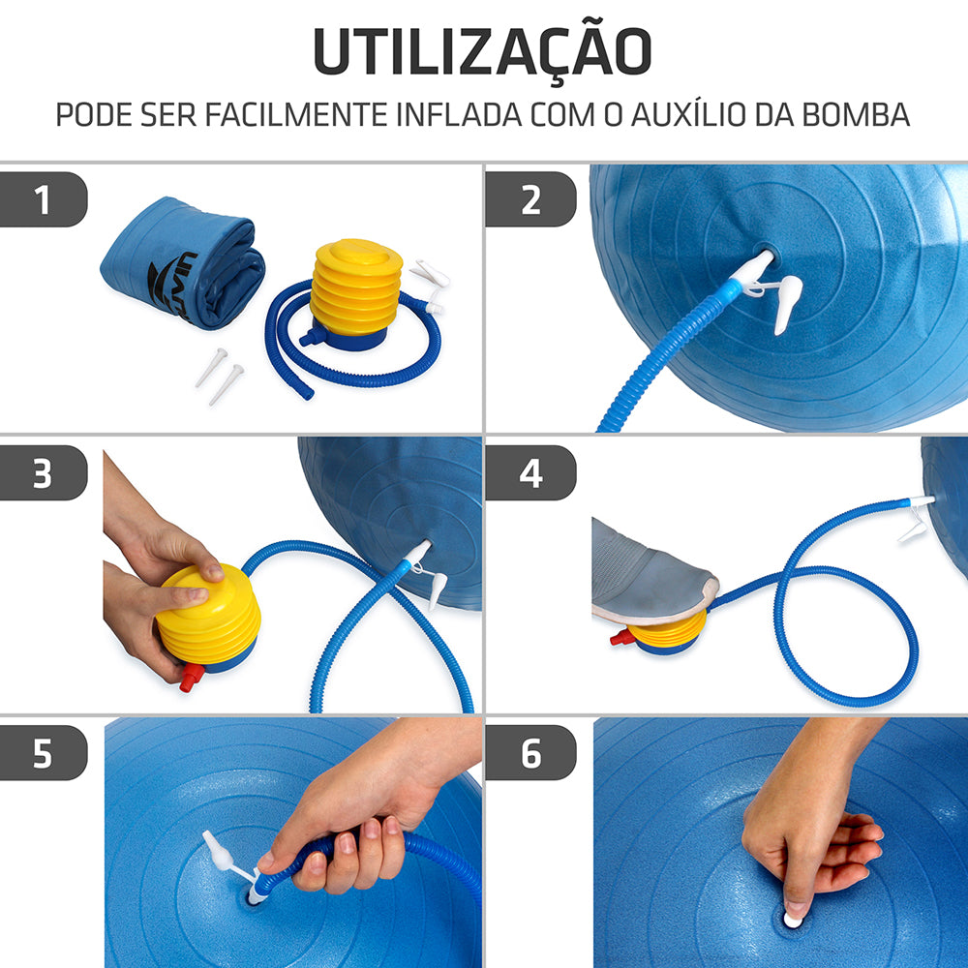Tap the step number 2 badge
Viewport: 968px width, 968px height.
click(x=530, y=200)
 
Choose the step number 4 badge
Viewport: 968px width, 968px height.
click(x=530, y=473)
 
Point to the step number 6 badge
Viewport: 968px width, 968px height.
click(x=530, y=753)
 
